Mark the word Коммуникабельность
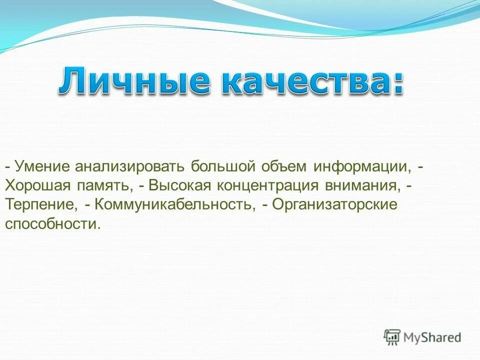pos(172,204)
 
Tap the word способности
pos(52,224)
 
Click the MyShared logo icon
pos(392,337)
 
